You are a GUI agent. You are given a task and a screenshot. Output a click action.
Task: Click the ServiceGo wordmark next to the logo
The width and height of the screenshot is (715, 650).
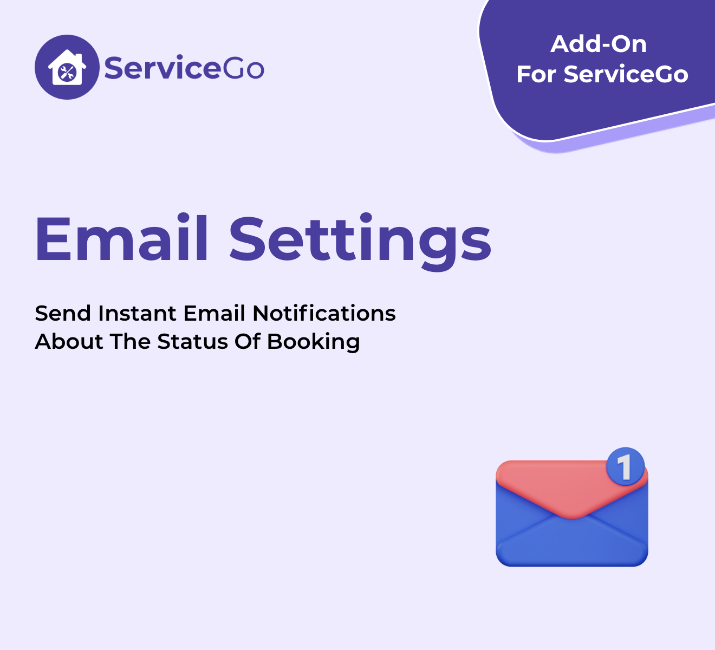pos(184,68)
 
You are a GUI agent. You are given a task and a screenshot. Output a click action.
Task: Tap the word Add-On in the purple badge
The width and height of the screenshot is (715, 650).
pos(599,44)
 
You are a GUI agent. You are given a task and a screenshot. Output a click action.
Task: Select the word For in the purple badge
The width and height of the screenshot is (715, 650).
pos(536,74)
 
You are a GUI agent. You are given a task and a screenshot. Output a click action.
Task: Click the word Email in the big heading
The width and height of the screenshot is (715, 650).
pos(121,238)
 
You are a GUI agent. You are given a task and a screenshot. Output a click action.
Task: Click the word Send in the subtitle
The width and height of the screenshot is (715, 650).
pos(63,314)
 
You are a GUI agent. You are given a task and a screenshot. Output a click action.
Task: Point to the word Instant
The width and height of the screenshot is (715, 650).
pos(137,314)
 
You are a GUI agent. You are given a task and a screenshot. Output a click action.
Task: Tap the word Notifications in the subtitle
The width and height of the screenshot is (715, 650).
pos(324,313)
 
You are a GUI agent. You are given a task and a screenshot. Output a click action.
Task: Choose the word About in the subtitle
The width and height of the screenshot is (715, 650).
pos(69,342)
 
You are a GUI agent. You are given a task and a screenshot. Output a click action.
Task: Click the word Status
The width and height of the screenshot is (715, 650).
pos(192,342)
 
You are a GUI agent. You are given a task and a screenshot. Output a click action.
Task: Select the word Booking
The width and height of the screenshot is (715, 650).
pos(313,342)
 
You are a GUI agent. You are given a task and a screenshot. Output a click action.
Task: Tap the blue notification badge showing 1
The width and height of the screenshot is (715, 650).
pos(625,466)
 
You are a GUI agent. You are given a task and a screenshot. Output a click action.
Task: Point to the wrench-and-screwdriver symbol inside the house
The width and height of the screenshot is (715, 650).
pos(67,73)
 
